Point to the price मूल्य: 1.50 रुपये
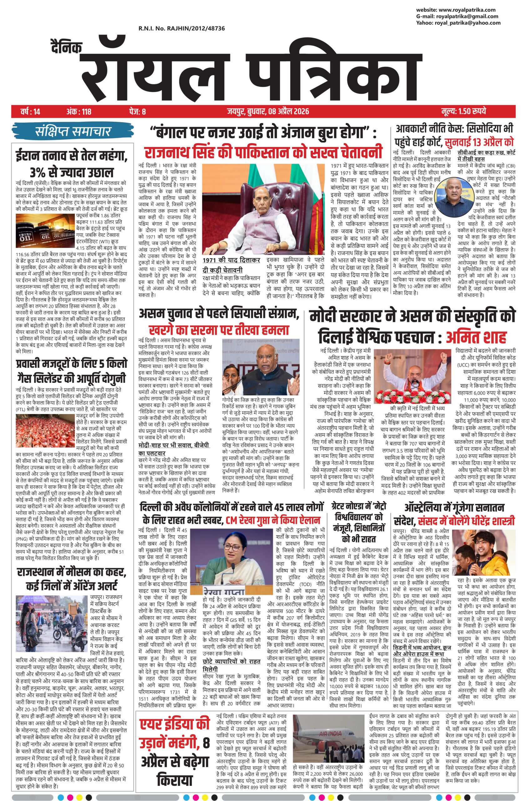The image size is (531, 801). [464, 111]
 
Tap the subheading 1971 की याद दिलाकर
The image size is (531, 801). [231, 260]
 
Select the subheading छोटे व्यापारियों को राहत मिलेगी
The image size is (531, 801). [231, 665]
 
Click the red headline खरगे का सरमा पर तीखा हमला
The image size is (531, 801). [219, 330]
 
